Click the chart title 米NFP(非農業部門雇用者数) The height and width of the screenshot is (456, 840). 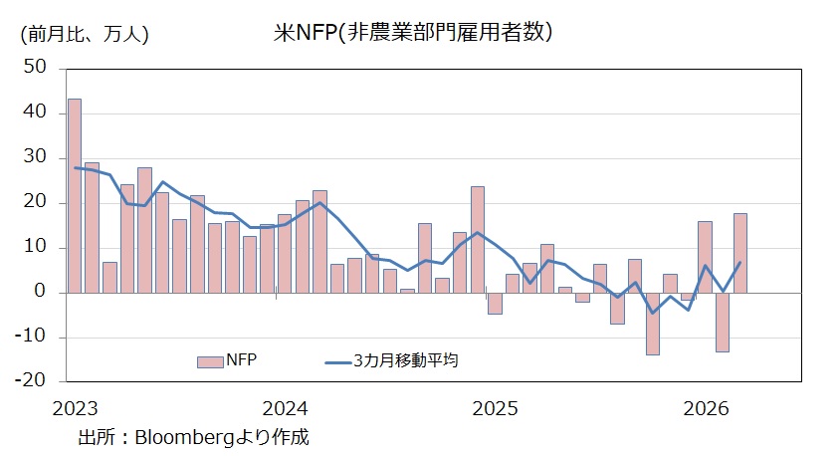[413, 32]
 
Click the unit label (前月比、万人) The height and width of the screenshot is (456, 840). [84, 34]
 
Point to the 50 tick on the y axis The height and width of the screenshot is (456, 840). [35, 68]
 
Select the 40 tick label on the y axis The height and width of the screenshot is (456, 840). [35, 113]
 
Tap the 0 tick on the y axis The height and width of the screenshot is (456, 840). [41, 293]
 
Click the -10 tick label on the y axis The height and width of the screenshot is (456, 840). [32, 338]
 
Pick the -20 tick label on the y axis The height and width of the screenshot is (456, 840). [32, 379]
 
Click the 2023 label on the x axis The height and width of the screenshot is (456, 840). [74, 408]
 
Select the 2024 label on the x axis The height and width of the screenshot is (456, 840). [286, 408]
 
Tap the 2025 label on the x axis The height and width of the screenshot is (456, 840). [496, 408]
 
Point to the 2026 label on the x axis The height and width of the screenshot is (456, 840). [707, 408]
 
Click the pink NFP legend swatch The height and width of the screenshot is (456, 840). [210, 361]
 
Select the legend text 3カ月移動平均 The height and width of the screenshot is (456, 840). [406, 361]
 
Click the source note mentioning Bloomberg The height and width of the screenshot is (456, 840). [194, 436]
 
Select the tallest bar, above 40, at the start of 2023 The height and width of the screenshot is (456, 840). [75, 195]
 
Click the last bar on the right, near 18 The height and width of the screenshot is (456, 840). [740, 253]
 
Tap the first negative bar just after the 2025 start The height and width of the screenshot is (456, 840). [495, 303]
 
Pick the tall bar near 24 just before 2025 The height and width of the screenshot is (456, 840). [478, 239]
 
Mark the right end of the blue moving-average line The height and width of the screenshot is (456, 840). [740, 263]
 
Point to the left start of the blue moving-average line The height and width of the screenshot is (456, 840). [75, 167]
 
